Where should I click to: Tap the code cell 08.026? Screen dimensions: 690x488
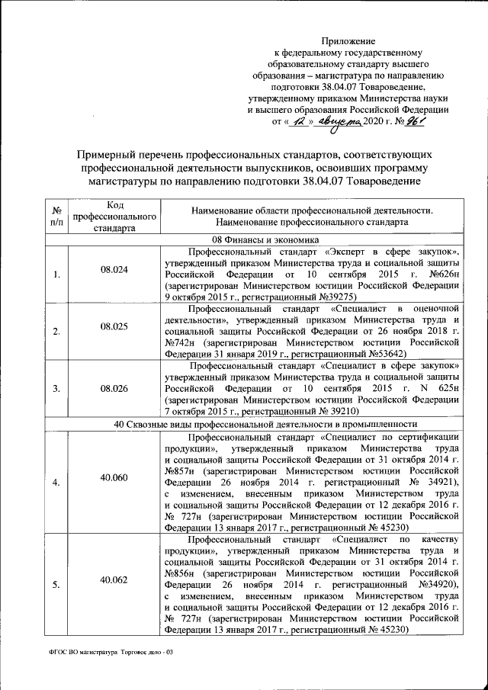click(x=115, y=388)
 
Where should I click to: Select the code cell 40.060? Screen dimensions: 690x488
click(x=115, y=477)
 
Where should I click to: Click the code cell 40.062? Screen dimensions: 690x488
click(x=115, y=579)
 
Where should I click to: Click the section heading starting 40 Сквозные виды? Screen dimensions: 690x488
click(x=265, y=423)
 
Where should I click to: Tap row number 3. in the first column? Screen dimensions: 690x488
click(x=56, y=388)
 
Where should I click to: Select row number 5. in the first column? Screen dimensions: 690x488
click(x=56, y=586)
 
